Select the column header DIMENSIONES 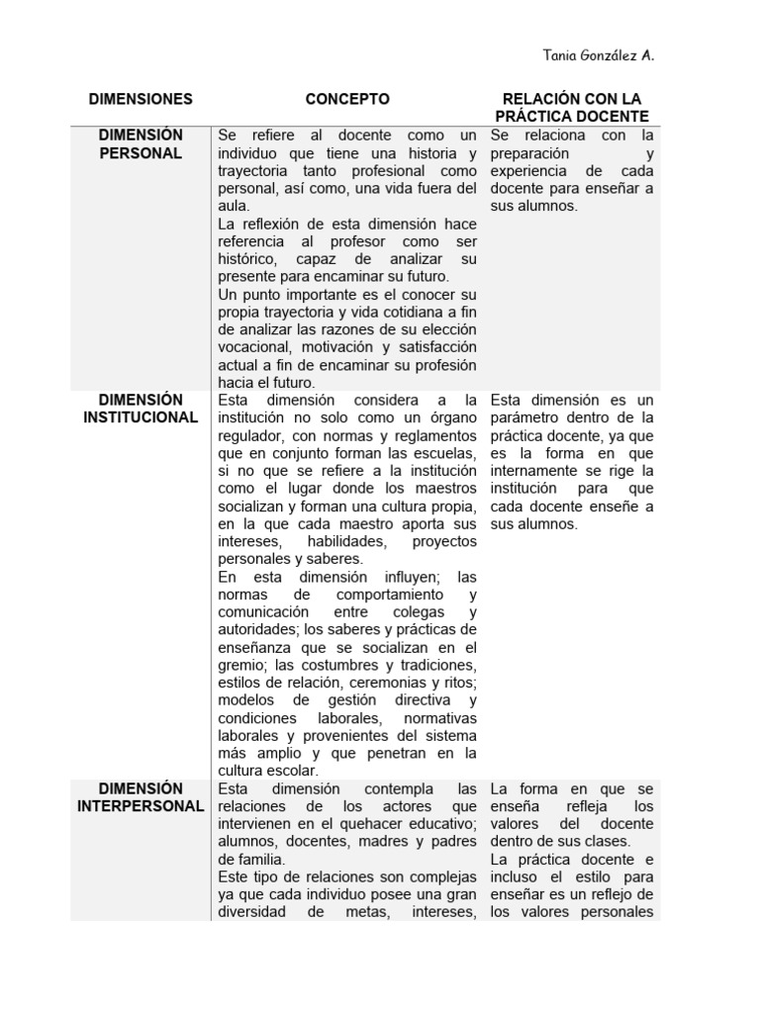click(x=141, y=99)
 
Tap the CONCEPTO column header click(x=347, y=99)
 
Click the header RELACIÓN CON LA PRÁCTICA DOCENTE click(x=572, y=108)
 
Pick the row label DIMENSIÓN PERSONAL click(x=141, y=143)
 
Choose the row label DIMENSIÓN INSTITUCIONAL click(x=141, y=409)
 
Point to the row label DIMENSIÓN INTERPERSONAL click(x=141, y=797)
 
